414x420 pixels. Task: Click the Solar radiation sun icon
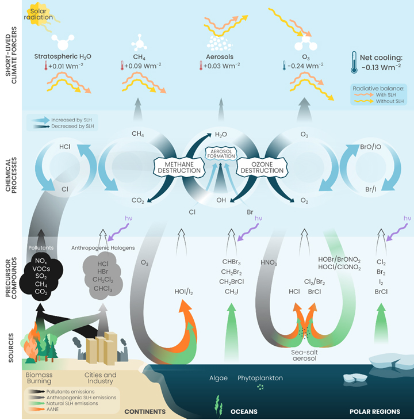[39, 14]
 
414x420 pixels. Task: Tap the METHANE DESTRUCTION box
[179, 167]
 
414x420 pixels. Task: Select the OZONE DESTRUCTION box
[262, 167]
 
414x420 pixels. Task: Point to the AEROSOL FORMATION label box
[221, 154]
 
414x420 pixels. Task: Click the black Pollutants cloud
[41, 276]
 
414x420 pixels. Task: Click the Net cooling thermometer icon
[354, 62]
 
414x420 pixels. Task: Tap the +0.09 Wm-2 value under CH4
[143, 66]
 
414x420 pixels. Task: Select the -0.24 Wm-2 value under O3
[305, 66]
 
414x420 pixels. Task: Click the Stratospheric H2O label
[63, 56]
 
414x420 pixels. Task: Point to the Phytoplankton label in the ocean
[260, 378]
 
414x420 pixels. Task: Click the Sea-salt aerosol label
[305, 355]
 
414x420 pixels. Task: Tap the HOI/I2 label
[183, 292]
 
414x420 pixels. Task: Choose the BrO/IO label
[371, 147]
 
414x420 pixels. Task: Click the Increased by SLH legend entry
[62, 120]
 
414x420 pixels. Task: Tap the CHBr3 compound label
[231, 262]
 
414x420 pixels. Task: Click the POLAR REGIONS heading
[375, 411]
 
